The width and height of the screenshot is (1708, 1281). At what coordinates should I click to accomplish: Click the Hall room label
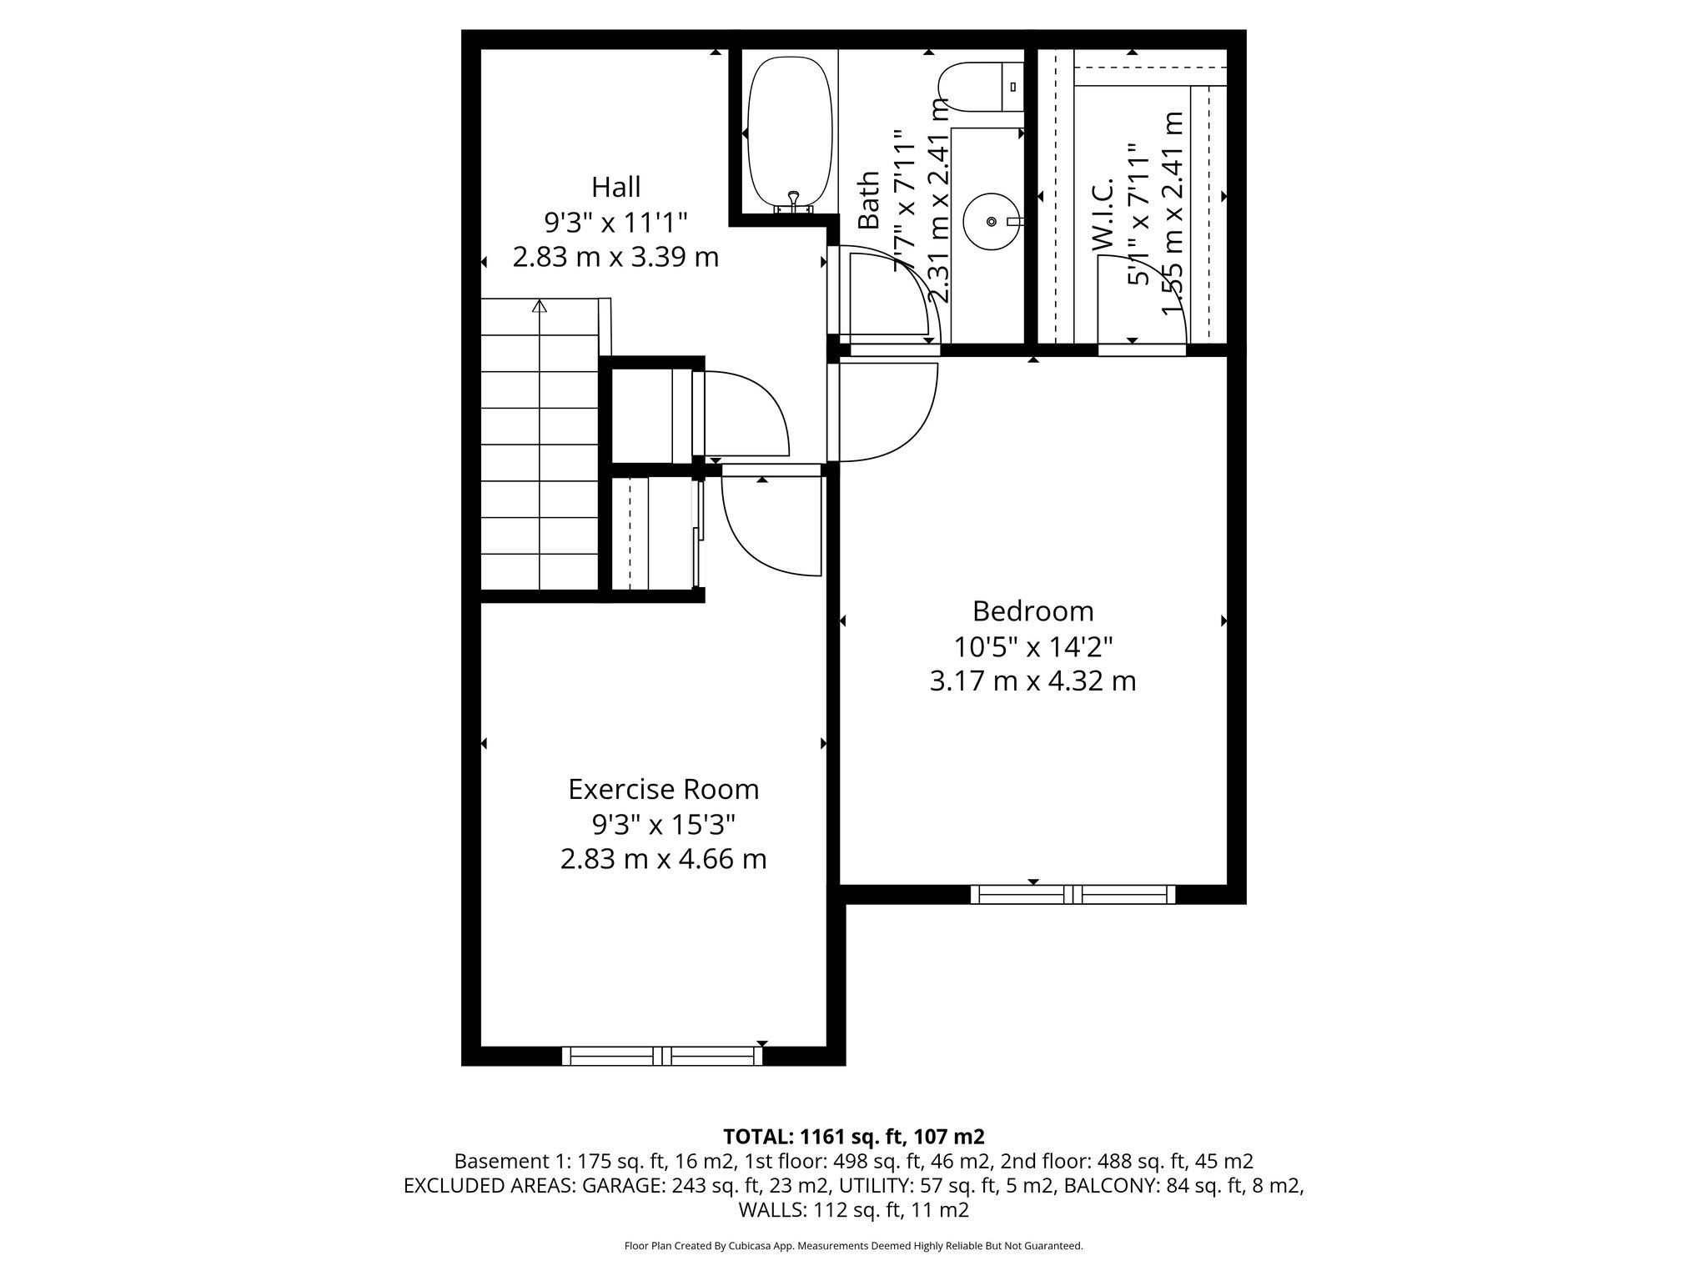tap(615, 186)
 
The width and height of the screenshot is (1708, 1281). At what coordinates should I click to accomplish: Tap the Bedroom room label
tap(1032, 611)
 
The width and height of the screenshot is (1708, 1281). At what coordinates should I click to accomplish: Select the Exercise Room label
tap(663, 789)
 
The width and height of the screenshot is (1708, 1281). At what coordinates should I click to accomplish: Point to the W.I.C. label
tap(1103, 213)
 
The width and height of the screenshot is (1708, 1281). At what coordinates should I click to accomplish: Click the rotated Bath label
tap(869, 200)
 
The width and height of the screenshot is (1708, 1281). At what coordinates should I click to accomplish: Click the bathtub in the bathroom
tap(790, 133)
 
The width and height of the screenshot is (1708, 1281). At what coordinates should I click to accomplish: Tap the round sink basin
tap(991, 221)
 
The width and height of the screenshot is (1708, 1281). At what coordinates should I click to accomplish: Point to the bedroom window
tap(1073, 895)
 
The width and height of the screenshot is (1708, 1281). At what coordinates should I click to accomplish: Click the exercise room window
tap(662, 1056)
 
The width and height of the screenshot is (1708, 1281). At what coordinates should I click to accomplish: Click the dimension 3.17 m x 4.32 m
tap(1032, 681)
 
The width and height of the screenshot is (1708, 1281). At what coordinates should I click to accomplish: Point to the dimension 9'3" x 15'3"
tap(663, 825)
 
